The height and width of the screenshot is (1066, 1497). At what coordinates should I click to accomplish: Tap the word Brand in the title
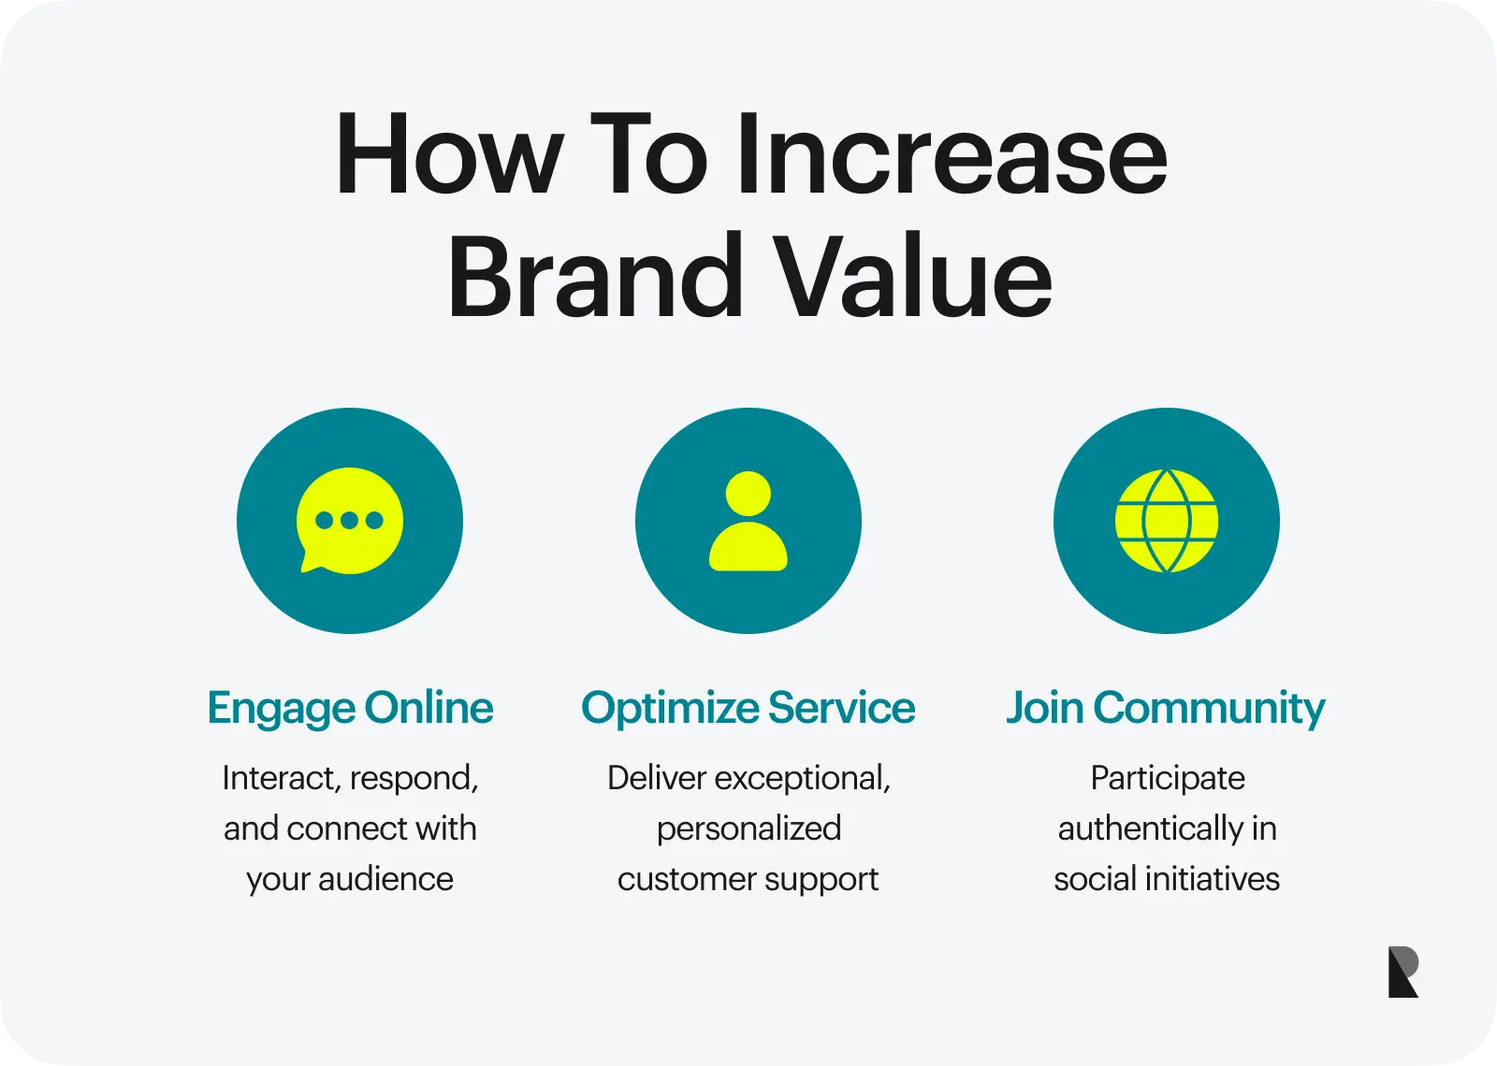(594, 278)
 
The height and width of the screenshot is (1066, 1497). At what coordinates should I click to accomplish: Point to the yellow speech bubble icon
(349, 521)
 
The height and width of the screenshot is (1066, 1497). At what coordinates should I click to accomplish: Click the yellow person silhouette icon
(748, 522)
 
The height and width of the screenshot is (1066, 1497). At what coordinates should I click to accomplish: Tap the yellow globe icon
(1166, 521)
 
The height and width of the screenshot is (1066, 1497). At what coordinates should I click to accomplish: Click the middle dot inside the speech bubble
(349, 521)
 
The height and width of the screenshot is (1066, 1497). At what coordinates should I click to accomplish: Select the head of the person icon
(748, 494)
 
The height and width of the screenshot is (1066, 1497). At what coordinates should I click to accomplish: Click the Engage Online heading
(350, 708)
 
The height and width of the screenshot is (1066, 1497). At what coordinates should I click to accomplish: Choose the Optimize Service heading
(748, 708)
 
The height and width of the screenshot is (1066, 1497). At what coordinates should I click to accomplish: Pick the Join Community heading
(1166, 708)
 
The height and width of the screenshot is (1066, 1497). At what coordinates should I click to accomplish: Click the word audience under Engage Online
(385, 879)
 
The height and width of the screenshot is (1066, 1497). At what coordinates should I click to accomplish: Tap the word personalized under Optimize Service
(748, 828)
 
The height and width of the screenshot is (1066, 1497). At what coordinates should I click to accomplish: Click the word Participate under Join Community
(1167, 778)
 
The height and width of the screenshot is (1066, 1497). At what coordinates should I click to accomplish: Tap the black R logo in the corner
(1403, 972)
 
